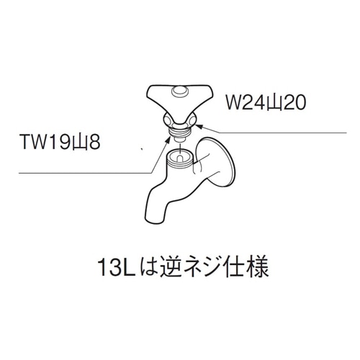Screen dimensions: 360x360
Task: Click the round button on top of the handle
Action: pos(179,91)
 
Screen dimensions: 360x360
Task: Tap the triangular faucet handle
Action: pos(179,100)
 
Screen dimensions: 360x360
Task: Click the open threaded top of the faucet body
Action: pos(180,157)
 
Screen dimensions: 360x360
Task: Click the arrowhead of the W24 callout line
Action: pos(198,125)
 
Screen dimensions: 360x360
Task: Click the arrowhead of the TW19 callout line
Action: pos(168,140)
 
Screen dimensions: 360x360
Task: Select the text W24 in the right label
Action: pos(244,102)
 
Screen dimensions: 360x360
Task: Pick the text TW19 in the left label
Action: pos(46,142)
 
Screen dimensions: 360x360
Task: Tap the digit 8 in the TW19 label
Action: pos(94,142)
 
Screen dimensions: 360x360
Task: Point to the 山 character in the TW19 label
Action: pos(81,143)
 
